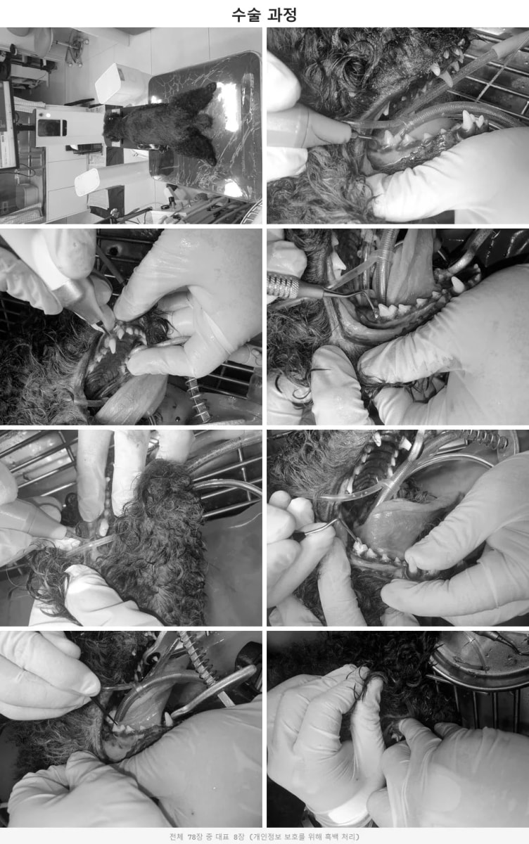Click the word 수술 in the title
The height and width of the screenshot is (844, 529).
[x=246, y=15]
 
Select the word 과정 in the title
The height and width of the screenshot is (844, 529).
[x=282, y=15]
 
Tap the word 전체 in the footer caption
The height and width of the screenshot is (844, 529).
[x=177, y=837]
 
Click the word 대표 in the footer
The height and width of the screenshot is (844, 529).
[x=222, y=837]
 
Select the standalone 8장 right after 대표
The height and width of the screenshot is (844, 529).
[x=239, y=837]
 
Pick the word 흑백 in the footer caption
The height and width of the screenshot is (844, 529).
[x=329, y=837]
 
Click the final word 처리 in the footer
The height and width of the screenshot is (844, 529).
[x=348, y=837]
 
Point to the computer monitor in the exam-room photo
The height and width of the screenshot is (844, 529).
[x=8, y=124]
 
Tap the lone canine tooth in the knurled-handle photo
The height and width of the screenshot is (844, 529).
[x=457, y=283]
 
